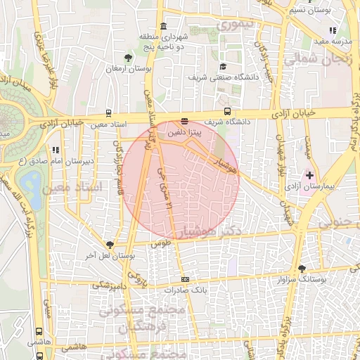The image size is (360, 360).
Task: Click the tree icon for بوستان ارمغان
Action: pos(127,58)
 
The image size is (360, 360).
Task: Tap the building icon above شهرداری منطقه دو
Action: pos(163,27)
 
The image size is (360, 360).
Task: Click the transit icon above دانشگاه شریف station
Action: pos(226,111)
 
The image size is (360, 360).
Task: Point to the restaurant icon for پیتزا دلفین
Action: pos(184,121)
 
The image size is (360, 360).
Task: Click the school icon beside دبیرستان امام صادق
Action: pos(55,150)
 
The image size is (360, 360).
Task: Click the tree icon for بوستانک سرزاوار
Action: pos(302,269)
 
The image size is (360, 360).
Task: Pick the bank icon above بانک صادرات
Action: pos(185,279)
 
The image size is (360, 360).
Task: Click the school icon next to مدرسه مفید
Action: pos(333,30)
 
